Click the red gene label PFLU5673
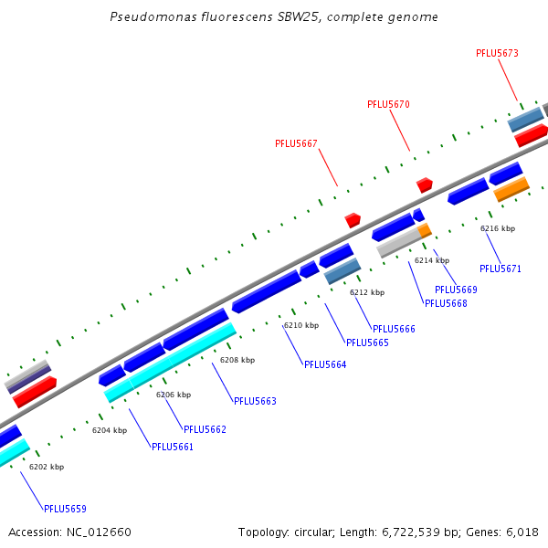click(497, 53)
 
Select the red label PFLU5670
click(388, 104)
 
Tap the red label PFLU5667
click(296, 143)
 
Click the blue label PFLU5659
click(65, 509)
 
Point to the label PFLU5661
click(173, 447)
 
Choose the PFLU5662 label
click(205, 429)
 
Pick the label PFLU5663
click(255, 401)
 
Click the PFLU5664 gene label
click(325, 364)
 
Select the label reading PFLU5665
click(367, 342)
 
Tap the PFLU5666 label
click(394, 329)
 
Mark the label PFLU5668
click(446, 303)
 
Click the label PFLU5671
click(501, 269)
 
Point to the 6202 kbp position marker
click(47, 467)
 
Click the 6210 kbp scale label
click(301, 325)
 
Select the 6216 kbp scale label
click(498, 228)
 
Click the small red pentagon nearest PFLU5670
click(424, 184)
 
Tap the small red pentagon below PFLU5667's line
click(353, 220)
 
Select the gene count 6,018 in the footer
click(522, 532)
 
